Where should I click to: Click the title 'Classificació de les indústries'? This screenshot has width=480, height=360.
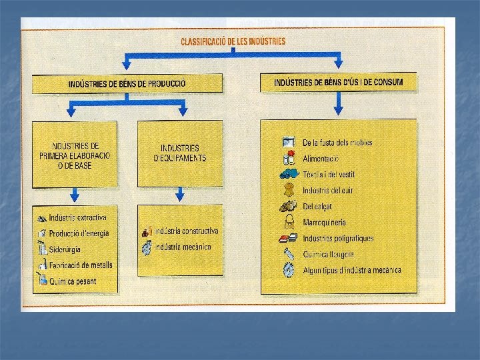tap(233, 41)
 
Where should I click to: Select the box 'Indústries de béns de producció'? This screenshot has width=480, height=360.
tap(127, 84)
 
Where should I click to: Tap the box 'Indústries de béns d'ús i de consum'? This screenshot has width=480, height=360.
tap(338, 83)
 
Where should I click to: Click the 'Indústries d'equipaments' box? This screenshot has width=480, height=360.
tap(179, 153)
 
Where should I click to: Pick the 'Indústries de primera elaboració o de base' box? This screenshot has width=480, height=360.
tap(74, 155)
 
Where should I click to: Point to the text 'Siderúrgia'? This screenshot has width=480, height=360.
tap(65, 249)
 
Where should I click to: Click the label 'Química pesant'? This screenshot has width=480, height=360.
tap(73, 281)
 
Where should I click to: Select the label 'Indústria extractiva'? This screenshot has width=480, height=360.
tap(77, 218)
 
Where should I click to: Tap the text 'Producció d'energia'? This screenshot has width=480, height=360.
tap(79, 233)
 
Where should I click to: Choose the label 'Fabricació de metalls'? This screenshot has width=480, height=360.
tap(81, 265)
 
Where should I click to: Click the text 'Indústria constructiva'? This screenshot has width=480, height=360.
tap(186, 231)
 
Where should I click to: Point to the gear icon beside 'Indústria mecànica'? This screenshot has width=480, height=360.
tap(147, 247)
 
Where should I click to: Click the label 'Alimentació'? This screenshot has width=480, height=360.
tap(321, 159)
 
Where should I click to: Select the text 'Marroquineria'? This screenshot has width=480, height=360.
tap(325, 223)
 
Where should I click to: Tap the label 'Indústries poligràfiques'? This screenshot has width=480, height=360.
tap(338, 239)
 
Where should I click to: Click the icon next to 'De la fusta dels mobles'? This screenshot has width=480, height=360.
tap(289, 142)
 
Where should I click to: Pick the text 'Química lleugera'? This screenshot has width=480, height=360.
tap(328, 255)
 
